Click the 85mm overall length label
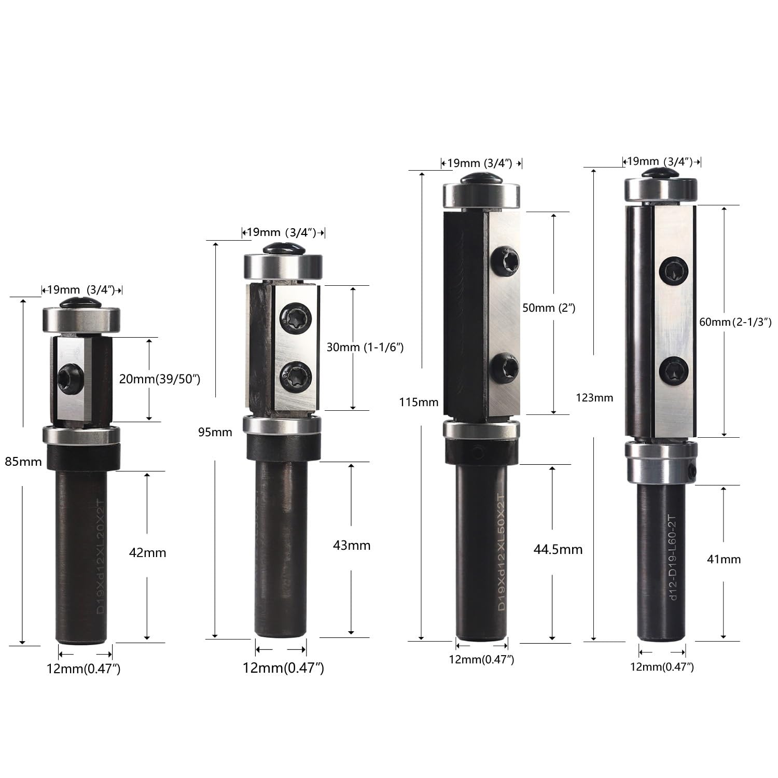[23, 461]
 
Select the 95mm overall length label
[215, 432]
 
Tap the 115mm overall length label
[419, 402]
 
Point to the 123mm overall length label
[594, 398]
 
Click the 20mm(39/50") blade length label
[159, 379]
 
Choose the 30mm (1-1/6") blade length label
[365, 347]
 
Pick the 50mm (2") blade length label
[549, 308]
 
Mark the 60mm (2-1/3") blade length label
[735, 322]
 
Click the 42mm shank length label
[147, 553]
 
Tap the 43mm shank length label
[352, 546]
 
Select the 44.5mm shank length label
[558, 549]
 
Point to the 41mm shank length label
[724, 559]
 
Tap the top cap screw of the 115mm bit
[480, 177]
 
